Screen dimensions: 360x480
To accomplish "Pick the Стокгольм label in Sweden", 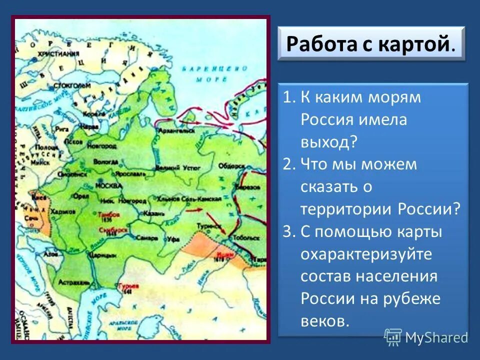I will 75,85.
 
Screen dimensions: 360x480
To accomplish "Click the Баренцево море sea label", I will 204,73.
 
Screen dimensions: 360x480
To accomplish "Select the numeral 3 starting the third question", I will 287,232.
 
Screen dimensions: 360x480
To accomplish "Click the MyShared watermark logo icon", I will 393,337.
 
